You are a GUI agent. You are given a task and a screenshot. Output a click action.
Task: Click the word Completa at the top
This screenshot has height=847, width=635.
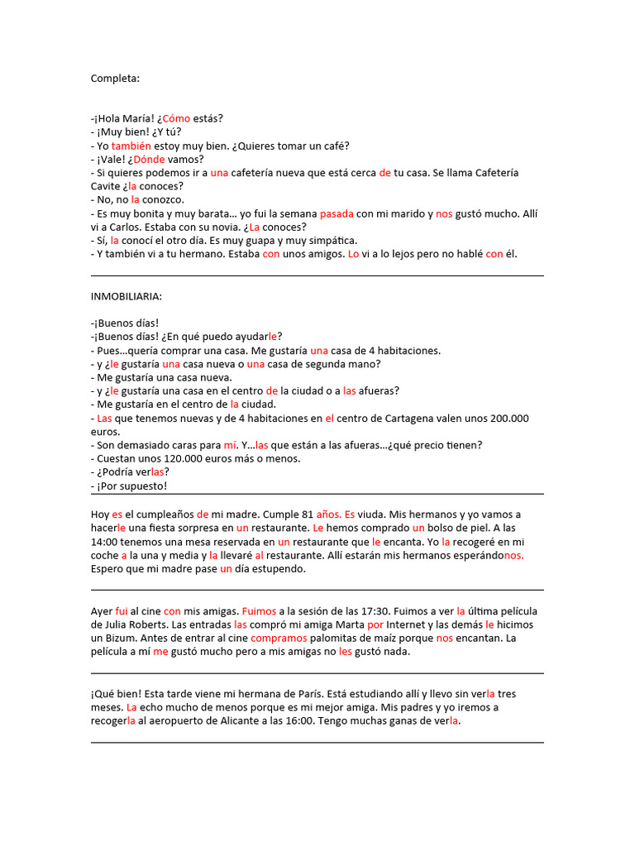[115, 79]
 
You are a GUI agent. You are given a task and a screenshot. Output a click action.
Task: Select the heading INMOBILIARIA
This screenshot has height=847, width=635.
[127, 296]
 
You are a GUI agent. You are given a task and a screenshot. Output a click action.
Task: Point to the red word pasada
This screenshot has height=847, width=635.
[337, 213]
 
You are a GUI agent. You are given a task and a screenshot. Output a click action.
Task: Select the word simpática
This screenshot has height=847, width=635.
[329, 240]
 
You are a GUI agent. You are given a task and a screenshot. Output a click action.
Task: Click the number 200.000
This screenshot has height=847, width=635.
[502, 418]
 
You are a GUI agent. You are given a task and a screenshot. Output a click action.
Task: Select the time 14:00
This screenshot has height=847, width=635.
[105, 542]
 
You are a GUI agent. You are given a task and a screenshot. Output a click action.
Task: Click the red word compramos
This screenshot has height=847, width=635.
[279, 638]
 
